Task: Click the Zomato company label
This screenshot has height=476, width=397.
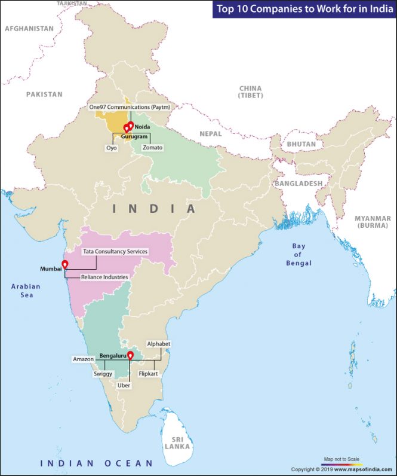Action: pyautogui.click(x=152, y=147)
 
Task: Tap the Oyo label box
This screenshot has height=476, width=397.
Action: pyautogui.click(x=112, y=147)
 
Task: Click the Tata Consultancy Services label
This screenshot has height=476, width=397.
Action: pyautogui.click(x=115, y=252)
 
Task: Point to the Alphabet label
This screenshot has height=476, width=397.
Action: pyautogui.click(x=159, y=344)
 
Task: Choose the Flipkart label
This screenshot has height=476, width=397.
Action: pyautogui.click(x=147, y=373)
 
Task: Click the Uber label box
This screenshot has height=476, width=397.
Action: pyautogui.click(x=124, y=386)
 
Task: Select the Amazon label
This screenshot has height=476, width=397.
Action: pyautogui.click(x=84, y=359)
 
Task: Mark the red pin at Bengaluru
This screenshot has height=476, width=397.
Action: pyautogui.click(x=131, y=356)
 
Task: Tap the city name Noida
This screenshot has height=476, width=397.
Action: pyautogui.click(x=142, y=127)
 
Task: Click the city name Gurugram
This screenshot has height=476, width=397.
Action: pyautogui.click(x=134, y=137)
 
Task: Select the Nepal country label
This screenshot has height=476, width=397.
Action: pyautogui.click(x=210, y=134)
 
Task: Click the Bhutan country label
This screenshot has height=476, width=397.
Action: pyautogui.click(x=301, y=144)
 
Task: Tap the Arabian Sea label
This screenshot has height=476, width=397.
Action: pyautogui.click(x=26, y=291)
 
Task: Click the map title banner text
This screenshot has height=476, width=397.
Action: pyautogui.click(x=304, y=9)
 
